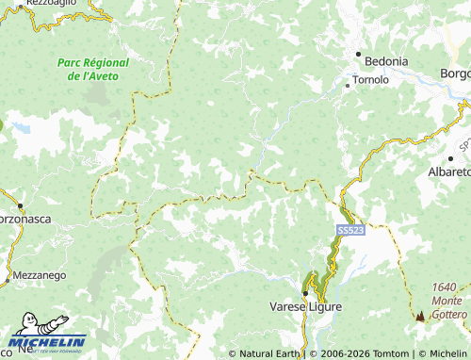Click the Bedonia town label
[x=387, y=61]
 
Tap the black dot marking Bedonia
[x=359, y=55]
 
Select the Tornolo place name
[x=370, y=80]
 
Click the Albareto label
[x=448, y=172]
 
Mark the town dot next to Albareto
[x=425, y=159]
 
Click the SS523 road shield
[x=348, y=230]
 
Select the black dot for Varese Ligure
[x=305, y=292]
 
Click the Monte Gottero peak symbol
[x=420, y=318]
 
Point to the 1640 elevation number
[x=445, y=287]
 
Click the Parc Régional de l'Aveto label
[x=93, y=69]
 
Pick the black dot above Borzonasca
[x=19, y=205]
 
